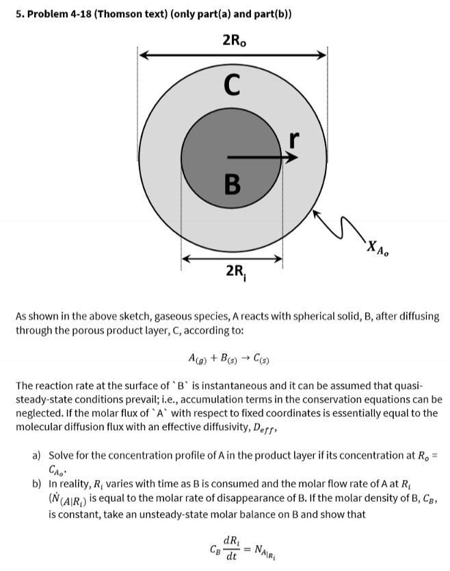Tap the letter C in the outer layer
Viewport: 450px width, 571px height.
[x=232, y=87]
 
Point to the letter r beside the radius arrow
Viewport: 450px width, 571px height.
[x=294, y=139]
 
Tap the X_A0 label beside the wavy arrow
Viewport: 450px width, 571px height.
[x=380, y=247]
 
